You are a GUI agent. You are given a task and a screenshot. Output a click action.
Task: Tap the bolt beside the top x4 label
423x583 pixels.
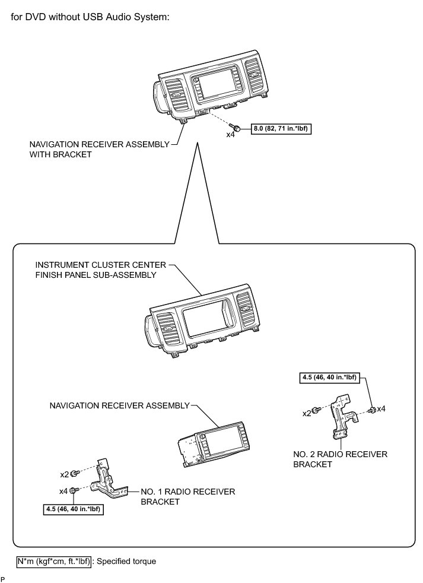tap(237, 129)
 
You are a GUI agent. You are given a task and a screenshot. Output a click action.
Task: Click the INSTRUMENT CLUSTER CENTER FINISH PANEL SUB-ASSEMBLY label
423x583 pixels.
tap(96, 270)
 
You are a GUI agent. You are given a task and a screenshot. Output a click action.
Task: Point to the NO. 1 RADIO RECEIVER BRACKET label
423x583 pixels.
tap(187, 496)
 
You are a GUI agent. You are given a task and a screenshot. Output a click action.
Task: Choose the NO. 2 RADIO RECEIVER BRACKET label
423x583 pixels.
tap(340, 459)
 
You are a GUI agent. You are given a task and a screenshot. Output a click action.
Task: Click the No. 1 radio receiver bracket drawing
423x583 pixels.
tap(110, 479)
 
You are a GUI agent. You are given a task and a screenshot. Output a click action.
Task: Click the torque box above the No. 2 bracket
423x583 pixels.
tap(330, 376)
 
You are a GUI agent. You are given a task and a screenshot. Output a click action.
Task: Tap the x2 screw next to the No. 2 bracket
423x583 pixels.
tap(317, 410)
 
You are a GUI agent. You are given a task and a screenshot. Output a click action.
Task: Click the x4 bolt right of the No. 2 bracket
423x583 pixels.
tap(371, 409)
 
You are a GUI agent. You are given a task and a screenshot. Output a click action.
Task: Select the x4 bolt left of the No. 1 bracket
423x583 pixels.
tap(73, 490)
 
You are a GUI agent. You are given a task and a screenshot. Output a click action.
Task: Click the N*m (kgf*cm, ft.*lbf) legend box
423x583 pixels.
tap(53, 560)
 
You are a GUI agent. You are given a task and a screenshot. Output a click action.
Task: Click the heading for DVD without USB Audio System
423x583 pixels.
tap(90, 17)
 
